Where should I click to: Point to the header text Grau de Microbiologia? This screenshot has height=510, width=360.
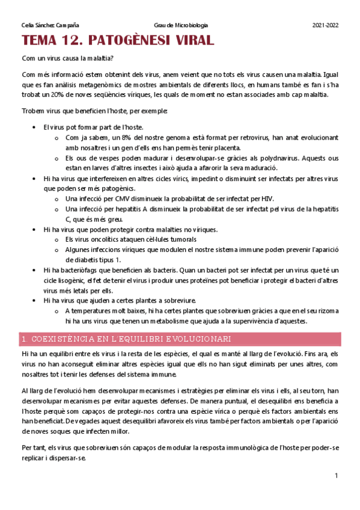182,25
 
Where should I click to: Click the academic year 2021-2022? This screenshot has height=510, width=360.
326,25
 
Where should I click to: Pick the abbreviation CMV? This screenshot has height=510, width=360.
122,198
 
